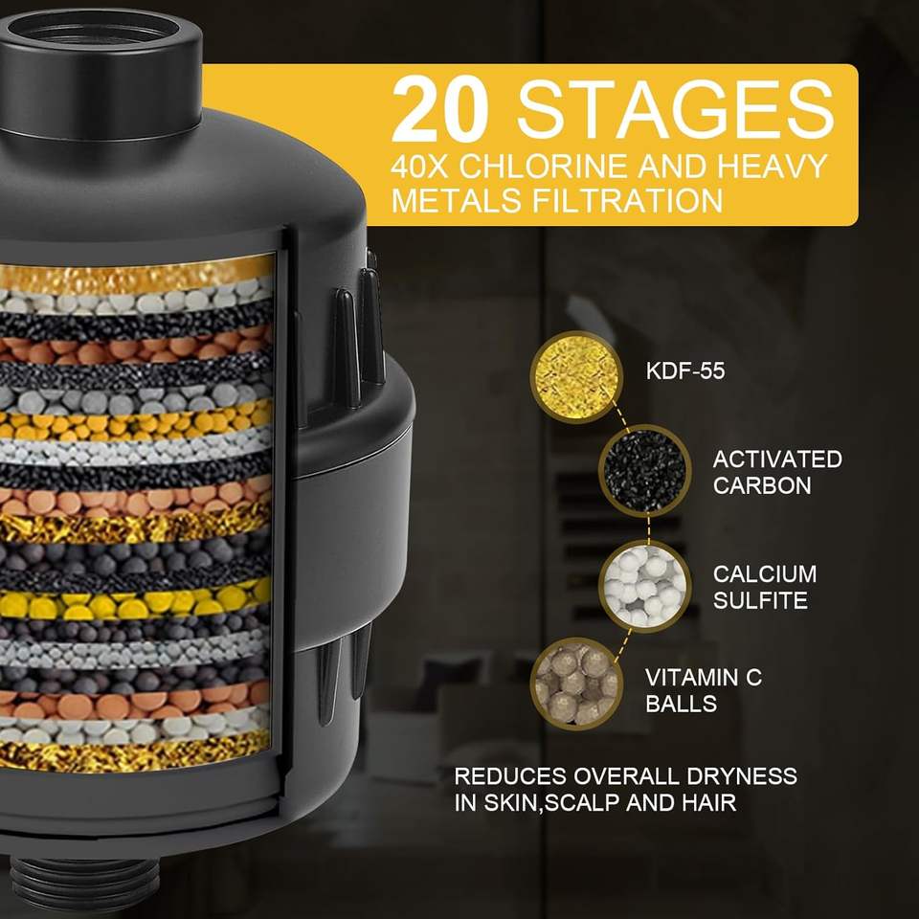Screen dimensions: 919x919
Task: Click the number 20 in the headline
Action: coord(439,108)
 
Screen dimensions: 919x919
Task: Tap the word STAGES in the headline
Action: coord(675,108)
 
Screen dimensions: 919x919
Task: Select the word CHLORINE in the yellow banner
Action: coord(544,167)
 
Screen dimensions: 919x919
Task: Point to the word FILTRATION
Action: coord(627,200)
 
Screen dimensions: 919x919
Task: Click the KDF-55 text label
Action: coord(685,371)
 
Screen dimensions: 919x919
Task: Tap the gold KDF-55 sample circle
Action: coord(576,377)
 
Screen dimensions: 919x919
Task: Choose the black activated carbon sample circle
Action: coord(644,470)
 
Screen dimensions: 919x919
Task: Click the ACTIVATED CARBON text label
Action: coord(777,472)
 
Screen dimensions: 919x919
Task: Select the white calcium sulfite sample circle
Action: coord(644,586)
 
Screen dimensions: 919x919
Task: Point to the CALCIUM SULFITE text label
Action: coord(764,587)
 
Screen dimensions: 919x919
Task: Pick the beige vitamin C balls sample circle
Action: coord(576,684)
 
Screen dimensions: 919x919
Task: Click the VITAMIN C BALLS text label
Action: coord(704,690)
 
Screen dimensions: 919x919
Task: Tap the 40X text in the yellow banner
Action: coord(419,167)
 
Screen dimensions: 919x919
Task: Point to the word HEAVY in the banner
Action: coord(773,167)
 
